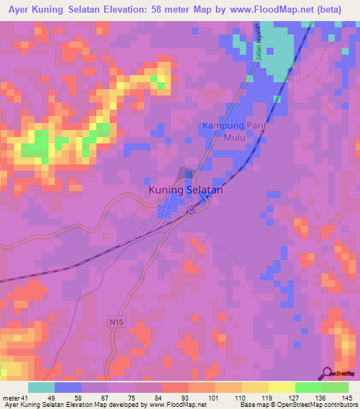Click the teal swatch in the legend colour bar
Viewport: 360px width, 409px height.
coord(41,387)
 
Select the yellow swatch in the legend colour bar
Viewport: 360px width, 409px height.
coord(281,387)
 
